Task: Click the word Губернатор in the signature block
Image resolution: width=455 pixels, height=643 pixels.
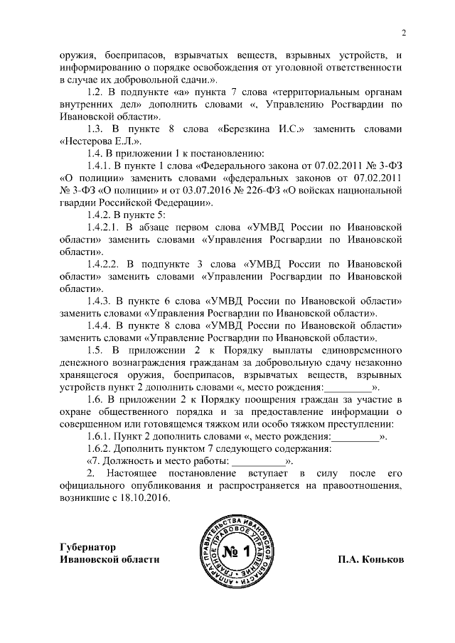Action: (x=88, y=546)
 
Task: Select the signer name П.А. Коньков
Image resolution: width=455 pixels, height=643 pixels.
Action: (x=371, y=558)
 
